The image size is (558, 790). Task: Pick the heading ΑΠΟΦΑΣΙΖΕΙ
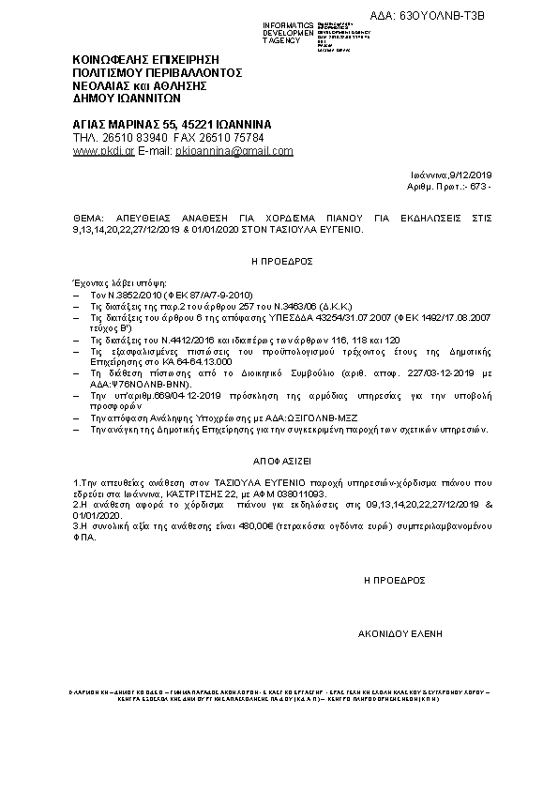279,463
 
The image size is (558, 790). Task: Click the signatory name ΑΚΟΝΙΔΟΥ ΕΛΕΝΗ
400,633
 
